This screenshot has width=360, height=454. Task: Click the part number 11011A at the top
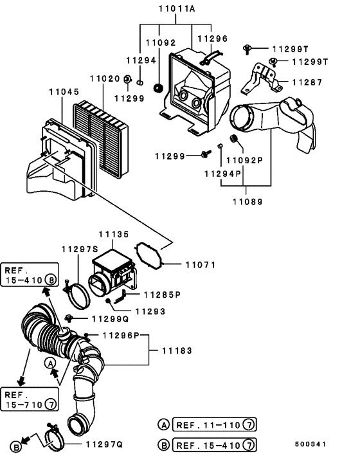177,9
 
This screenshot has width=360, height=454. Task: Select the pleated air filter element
100,139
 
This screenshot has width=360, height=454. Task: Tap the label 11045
64,92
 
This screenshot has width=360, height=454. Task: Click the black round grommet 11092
158,88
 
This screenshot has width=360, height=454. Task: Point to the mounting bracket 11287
260,78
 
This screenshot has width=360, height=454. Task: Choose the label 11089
248,202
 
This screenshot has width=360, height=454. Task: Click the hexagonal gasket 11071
149,256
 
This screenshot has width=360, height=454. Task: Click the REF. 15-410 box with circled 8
30,275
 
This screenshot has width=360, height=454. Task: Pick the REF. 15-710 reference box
30,399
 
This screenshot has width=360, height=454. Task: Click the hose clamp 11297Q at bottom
54,437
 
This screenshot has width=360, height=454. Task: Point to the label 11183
177,351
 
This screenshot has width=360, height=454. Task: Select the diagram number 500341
310,444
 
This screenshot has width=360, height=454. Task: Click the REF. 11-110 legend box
214,425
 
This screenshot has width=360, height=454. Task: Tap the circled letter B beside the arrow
16,447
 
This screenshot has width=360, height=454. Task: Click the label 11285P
162,295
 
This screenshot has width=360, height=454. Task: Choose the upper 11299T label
291,50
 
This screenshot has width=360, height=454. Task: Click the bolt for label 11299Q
69,318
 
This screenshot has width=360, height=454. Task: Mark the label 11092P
244,160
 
